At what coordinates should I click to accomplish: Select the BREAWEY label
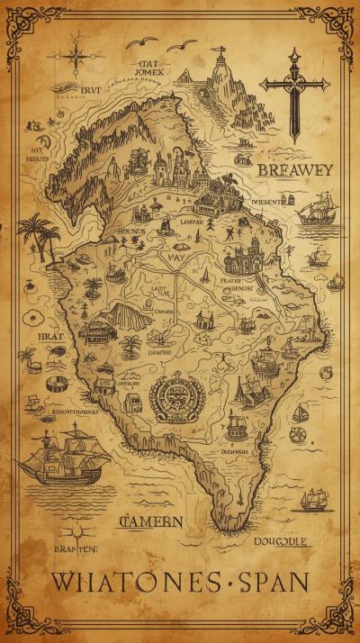click(294, 169)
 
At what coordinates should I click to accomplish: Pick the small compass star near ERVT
click(76, 55)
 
